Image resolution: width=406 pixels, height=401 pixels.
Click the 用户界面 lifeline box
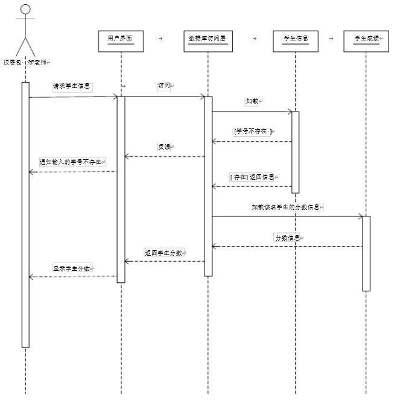121,40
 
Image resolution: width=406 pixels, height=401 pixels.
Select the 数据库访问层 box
208,40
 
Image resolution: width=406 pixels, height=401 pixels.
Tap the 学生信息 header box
296,40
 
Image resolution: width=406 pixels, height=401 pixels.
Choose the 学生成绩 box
366,40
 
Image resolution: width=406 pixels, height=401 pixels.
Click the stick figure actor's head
25,9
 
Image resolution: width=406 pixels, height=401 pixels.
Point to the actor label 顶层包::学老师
26,62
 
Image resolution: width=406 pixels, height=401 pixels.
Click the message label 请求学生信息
72,86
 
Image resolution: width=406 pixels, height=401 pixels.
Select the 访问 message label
165,86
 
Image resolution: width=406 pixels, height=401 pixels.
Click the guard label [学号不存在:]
252,131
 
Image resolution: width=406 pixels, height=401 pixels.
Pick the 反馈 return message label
164,147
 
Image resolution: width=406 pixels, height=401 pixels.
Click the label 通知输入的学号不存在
72,162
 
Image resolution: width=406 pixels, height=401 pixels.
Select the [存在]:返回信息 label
252,177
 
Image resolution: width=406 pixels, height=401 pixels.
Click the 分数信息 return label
288,237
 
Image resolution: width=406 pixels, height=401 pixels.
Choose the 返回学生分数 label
164,252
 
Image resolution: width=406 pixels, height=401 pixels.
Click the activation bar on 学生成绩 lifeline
366,253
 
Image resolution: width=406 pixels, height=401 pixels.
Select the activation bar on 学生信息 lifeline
296,152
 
